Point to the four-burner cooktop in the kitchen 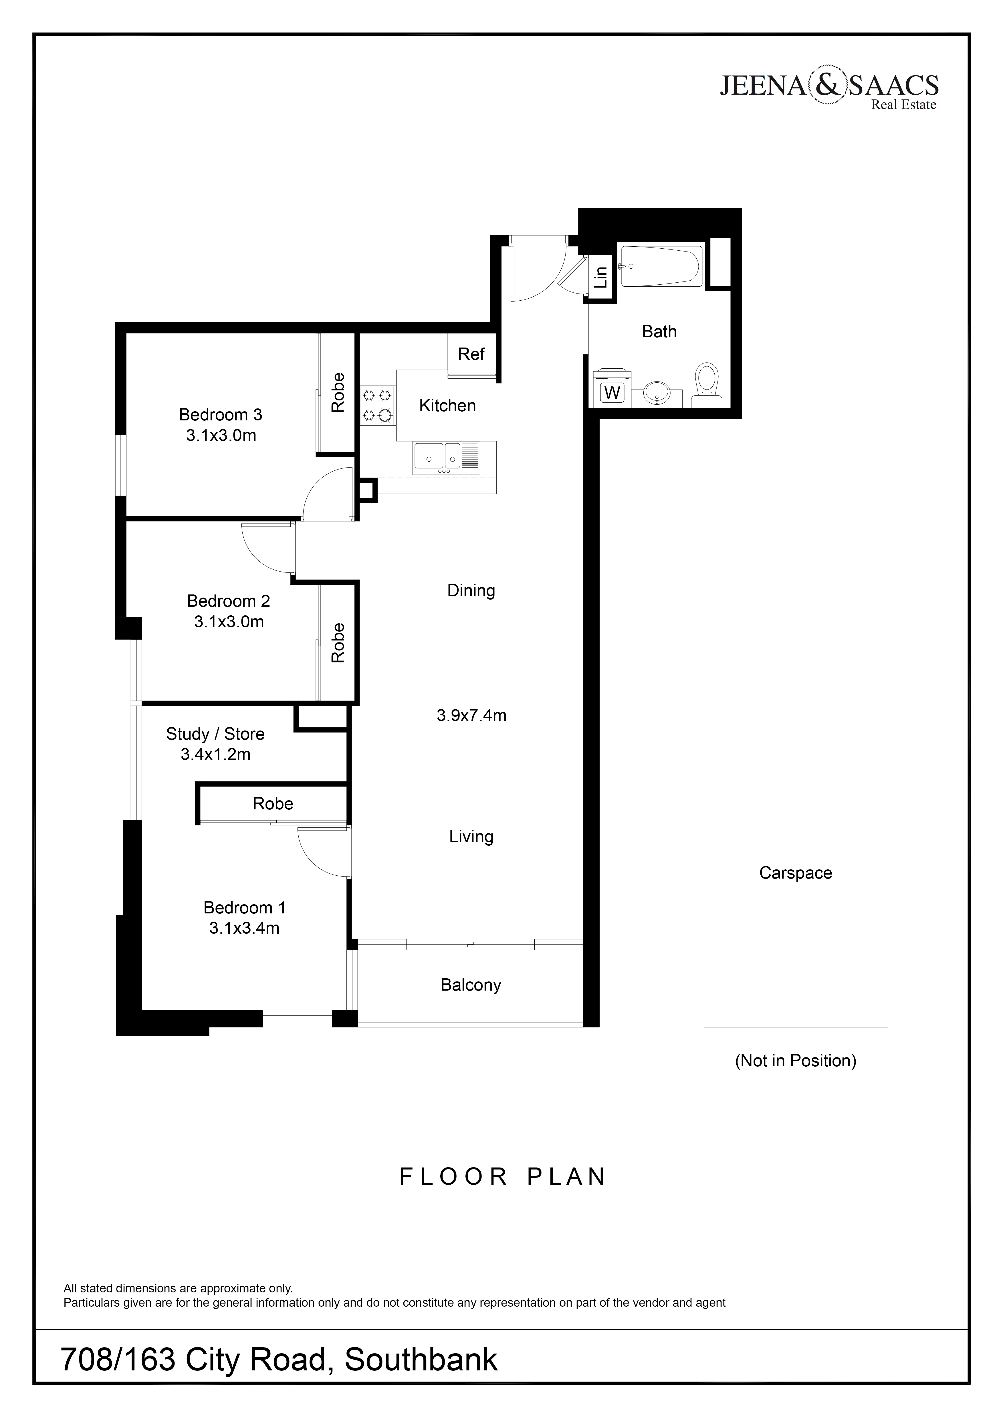tap(377, 405)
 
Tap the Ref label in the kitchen tap(471, 354)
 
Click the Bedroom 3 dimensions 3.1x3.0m tap(221, 436)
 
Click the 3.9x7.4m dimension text tap(471, 715)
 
